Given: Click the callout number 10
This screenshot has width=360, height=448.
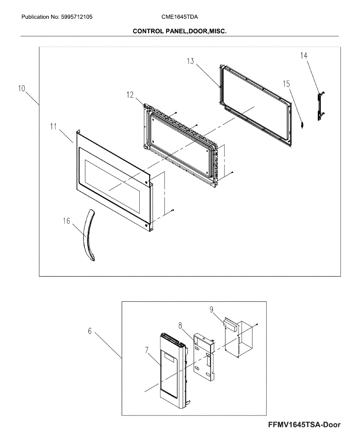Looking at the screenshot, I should [21, 88].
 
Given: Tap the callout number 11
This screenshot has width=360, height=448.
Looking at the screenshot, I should [53, 126].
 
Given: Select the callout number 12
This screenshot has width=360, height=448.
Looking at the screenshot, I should [130, 95].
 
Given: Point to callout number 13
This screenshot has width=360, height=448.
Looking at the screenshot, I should [190, 61].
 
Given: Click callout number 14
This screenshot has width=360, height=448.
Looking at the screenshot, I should [304, 55].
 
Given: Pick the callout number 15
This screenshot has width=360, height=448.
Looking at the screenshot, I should [286, 84].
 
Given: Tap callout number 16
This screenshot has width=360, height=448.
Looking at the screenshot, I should [66, 221].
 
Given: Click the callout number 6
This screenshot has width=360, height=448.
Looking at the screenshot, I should [90, 331].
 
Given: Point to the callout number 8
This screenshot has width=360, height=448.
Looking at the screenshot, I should [180, 326].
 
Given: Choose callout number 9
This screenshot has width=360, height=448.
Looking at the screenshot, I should [211, 309].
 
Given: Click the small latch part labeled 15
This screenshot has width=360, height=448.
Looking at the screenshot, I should [302, 124].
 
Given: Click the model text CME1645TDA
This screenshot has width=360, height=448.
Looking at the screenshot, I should [180, 17].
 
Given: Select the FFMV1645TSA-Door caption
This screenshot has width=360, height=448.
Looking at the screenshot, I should [304, 425].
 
